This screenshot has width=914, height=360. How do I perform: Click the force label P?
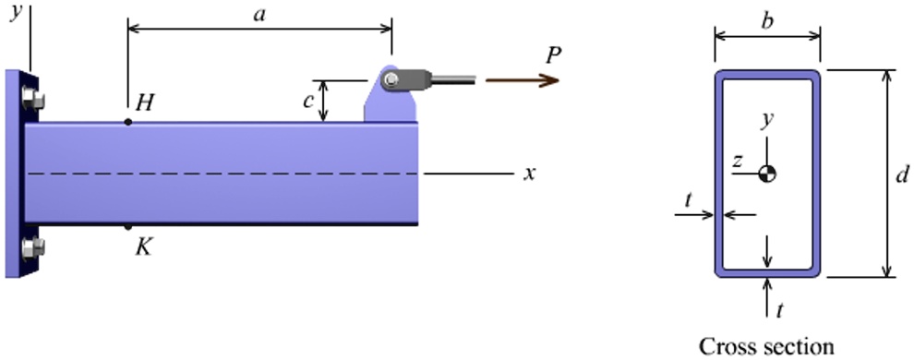pyautogui.click(x=552, y=55)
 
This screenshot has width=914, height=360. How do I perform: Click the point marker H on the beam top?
pyautogui.click(x=127, y=121)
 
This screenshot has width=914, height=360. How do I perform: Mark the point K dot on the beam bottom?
pyautogui.click(x=127, y=226)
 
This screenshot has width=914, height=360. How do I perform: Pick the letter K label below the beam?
pyautogui.click(x=143, y=247)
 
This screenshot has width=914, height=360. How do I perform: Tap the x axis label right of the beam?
pyautogui.click(x=530, y=173)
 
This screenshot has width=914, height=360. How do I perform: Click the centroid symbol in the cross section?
pyautogui.click(x=766, y=173)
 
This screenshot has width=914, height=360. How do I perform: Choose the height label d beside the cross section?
pyautogui.click(x=902, y=173)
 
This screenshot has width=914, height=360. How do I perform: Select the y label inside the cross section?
pyautogui.click(x=765, y=120)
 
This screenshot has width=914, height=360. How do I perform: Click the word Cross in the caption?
pyautogui.click(x=726, y=347)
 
